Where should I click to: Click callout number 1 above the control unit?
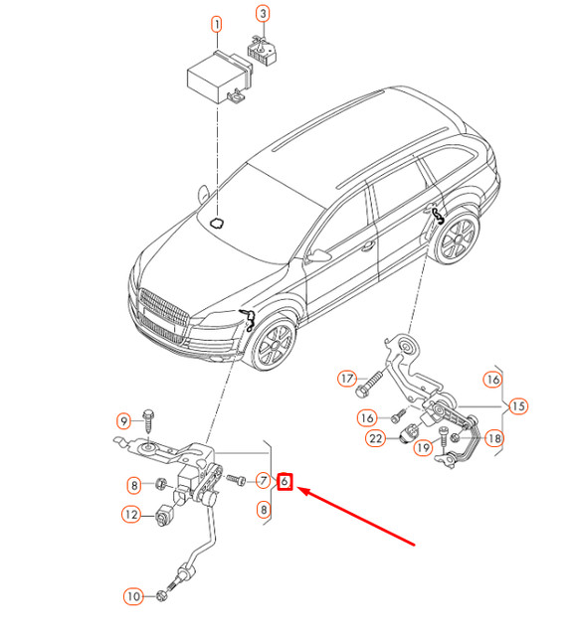coord(217,25)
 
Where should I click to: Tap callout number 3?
coord(263,14)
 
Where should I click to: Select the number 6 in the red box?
coord(285,481)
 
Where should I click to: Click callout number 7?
coord(263,481)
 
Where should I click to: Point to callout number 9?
coord(123,421)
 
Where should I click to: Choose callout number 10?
coord(133,596)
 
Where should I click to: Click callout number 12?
coord(131,515)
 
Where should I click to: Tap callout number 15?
coord(518,406)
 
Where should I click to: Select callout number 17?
coord(347,379)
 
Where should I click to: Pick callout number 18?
coord(494,438)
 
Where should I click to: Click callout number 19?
coord(424,448)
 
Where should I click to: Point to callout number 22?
coord(375,438)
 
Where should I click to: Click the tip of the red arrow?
coord(298,488)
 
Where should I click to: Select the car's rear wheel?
coord(457,238)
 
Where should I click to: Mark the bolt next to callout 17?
coord(369,383)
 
